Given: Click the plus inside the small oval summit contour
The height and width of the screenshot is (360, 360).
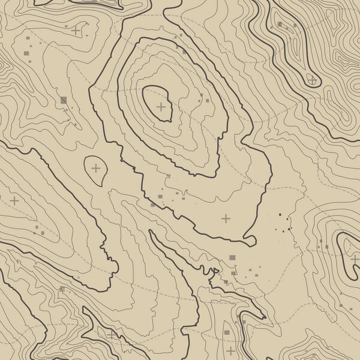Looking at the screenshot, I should (x=161, y=107).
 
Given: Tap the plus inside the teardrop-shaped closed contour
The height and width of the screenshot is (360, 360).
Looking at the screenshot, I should (x=96, y=168).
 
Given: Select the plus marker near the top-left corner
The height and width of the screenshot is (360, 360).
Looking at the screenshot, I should (x=76, y=29).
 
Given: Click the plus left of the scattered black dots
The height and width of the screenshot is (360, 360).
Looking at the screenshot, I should (x=226, y=218).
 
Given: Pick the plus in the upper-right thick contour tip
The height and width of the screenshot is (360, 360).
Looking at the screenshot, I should (x=313, y=79).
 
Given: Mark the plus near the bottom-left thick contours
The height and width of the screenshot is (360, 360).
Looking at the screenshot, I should (x=112, y=334).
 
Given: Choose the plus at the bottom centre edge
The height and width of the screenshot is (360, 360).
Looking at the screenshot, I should (x=231, y=350).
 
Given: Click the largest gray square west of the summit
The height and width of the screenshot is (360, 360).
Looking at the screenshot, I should (x=64, y=100).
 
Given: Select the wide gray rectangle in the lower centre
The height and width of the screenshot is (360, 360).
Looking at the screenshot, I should (x=232, y=257).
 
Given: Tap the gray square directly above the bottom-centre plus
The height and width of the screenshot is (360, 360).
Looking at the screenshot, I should (x=227, y=331).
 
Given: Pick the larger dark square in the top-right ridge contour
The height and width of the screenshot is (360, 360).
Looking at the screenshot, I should (x=279, y=25).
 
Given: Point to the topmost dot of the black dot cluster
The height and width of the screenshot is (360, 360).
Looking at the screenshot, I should (x=280, y=214).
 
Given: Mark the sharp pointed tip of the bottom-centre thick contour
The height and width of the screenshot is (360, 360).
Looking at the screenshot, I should (x=265, y=317).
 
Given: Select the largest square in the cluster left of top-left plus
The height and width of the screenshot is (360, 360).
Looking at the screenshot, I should (x=26, y=55).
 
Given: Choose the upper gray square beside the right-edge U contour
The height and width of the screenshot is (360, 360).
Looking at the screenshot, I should (x=321, y=241).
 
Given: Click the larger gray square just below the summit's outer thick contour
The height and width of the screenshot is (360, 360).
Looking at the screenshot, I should (x=160, y=196).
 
